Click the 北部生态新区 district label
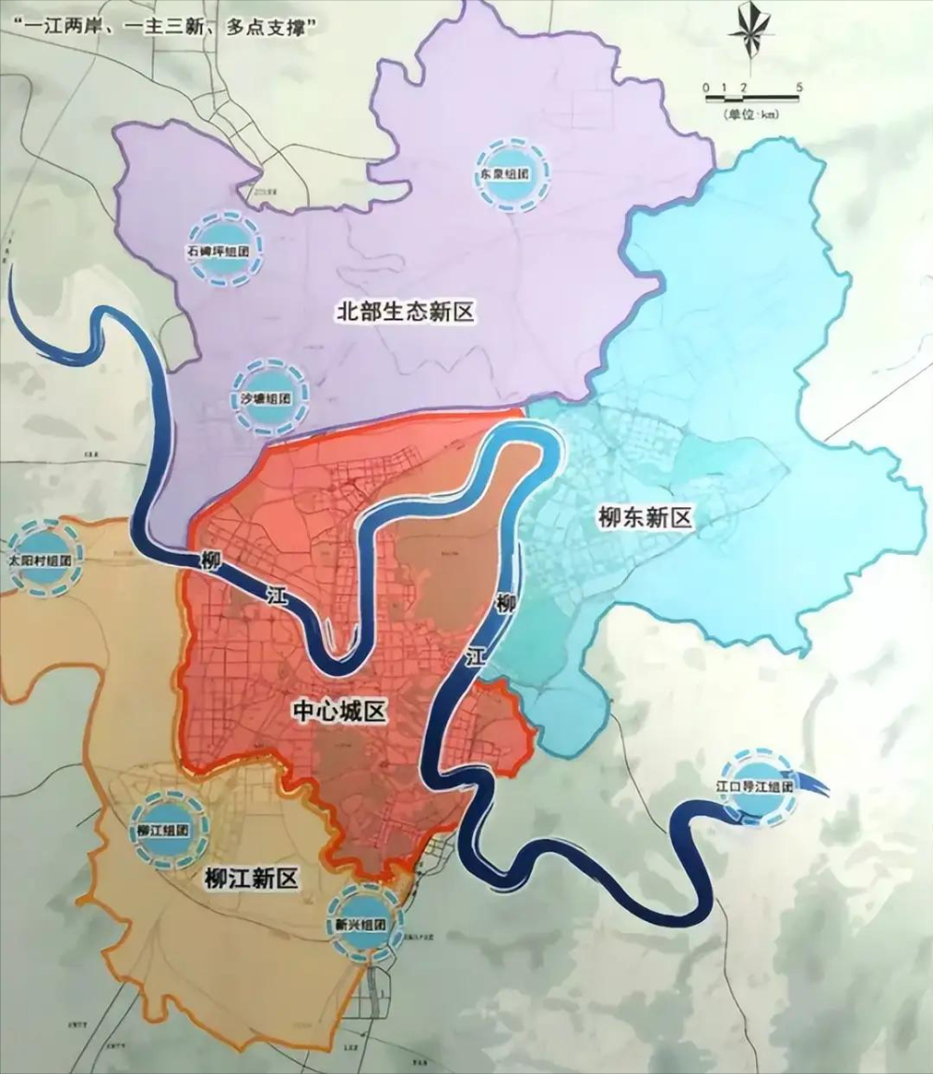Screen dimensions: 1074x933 point(405,312)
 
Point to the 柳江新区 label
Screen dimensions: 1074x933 point(251,877)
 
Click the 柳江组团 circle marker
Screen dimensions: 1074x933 point(162,830)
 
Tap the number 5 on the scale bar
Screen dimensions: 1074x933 point(800,87)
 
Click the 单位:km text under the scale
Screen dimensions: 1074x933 point(752,114)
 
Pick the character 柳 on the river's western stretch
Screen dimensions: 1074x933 point(211,561)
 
